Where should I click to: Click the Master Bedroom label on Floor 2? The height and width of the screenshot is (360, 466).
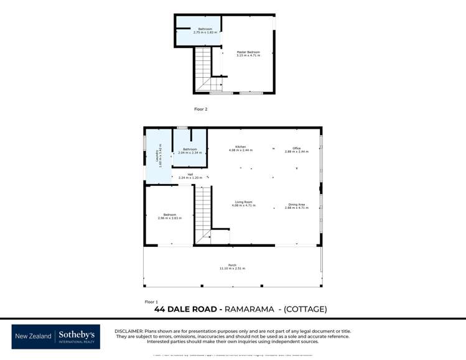tap(248, 52)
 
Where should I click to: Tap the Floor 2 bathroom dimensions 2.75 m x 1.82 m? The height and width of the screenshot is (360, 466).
tap(205, 32)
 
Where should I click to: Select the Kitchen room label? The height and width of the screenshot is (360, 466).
tap(241, 147)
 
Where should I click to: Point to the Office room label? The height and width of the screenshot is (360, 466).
tap(297, 148)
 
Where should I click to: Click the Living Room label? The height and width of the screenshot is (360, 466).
tap(243, 202)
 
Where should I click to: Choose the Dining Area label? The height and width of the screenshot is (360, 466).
tap(297, 205)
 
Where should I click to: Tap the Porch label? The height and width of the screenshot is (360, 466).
tap(232, 265)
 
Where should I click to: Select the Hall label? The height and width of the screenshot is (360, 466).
tap(190, 174)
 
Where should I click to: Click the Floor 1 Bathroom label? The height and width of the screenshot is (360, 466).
tap(190, 149)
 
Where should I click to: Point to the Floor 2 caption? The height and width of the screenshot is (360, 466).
tap(200, 109)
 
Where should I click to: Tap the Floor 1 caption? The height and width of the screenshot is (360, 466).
tap(151, 302)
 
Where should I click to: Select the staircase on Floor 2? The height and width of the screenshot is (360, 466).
tap(203, 67)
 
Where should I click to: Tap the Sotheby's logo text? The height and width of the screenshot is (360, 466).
tap(77, 335)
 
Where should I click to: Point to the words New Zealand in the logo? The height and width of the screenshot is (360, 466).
tap(33, 336)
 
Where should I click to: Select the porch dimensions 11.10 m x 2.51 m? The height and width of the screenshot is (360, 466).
tap(232, 269)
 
